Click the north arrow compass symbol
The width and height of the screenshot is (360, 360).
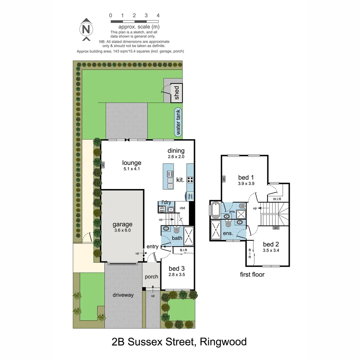click(x=86, y=29)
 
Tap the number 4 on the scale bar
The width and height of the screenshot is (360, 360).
click(x=158, y=15)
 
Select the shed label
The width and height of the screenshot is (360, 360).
click(x=177, y=93)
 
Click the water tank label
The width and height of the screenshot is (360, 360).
click(x=178, y=122)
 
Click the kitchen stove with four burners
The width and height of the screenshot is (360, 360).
click(x=190, y=180)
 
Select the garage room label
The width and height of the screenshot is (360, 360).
click(x=122, y=224)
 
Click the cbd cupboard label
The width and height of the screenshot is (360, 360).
click(x=182, y=208)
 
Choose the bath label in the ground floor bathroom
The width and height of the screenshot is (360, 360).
click(x=177, y=238)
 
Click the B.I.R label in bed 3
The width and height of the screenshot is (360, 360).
click(x=183, y=250)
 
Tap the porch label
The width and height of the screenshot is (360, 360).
click(x=151, y=277)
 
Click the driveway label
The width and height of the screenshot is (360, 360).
click(x=123, y=295)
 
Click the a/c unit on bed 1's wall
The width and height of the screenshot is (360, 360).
click(x=223, y=179)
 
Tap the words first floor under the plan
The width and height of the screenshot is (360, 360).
click(x=252, y=275)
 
